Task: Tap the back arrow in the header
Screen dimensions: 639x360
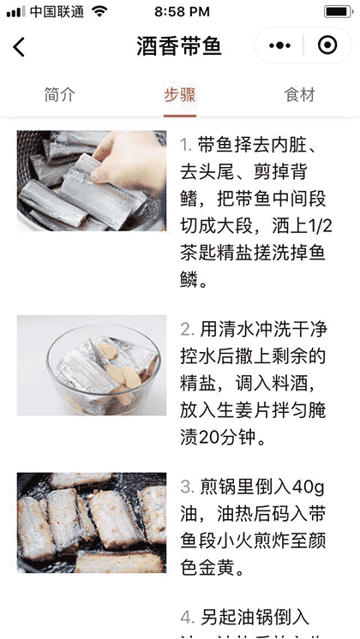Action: click(x=20, y=47)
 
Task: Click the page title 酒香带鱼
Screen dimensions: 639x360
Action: click(x=179, y=46)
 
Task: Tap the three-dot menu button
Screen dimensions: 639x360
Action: click(x=280, y=46)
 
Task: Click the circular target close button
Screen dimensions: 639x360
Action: click(x=326, y=46)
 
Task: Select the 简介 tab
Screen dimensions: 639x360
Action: click(x=59, y=95)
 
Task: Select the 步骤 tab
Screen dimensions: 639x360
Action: click(x=180, y=95)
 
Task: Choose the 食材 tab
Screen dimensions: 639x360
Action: click(x=300, y=95)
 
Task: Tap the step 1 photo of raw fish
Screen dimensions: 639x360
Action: click(x=92, y=181)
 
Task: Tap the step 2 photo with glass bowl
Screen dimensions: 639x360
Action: click(x=92, y=366)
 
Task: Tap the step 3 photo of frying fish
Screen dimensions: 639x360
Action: click(x=92, y=523)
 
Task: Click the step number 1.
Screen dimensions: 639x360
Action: click(x=185, y=143)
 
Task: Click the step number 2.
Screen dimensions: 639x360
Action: click(x=186, y=329)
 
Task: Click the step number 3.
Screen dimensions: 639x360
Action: click(x=186, y=487)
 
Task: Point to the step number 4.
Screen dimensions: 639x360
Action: click(x=186, y=617)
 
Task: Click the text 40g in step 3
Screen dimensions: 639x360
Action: click(x=306, y=487)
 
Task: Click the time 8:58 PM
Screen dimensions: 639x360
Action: click(x=181, y=12)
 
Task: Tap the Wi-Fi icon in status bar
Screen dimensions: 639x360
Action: click(x=100, y=11)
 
